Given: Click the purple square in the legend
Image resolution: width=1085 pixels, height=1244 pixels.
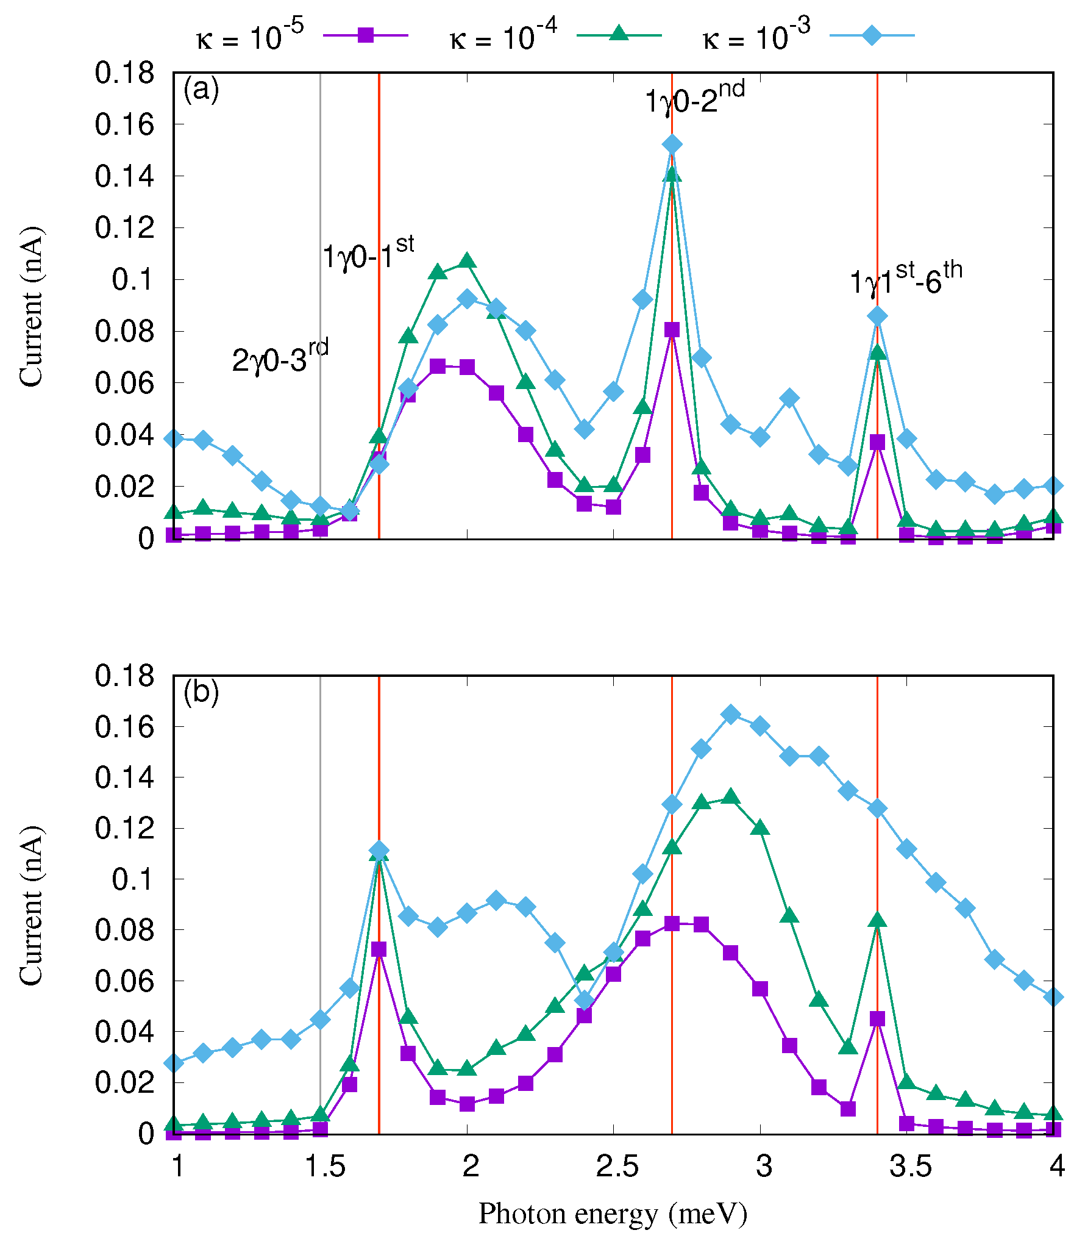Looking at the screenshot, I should tap(365, 35).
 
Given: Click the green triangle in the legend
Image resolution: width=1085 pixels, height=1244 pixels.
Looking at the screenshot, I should tap(619, 34).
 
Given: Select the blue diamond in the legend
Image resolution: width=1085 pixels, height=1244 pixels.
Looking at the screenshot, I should tap(872, 35).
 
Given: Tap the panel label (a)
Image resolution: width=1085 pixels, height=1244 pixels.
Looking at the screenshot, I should tap(201, 90).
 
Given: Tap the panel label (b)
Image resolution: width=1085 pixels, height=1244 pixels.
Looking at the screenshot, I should tap(201, 692).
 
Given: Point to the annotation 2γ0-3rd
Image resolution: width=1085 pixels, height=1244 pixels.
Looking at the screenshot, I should tap(280, 357).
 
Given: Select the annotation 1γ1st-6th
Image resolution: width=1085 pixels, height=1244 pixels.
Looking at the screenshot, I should tap(906, 279).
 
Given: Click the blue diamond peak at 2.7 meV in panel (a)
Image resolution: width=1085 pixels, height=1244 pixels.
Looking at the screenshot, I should tap(672, 145).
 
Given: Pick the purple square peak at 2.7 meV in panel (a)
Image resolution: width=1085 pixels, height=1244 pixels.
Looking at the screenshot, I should tap(672, 330).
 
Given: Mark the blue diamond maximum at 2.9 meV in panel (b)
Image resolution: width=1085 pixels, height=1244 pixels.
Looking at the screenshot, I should tap(730, 715).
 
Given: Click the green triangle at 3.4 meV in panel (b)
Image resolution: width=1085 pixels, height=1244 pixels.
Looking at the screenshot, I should tap(877, 920).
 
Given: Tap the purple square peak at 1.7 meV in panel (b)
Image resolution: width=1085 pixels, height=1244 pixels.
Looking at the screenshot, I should tap(379, 949).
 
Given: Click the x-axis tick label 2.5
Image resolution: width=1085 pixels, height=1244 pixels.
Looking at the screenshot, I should tap(617, 1166).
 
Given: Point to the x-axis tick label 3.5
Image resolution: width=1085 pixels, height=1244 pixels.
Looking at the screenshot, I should tap(911, 1166).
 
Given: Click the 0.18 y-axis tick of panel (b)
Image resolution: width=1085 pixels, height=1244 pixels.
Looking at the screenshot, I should tap(125, 676).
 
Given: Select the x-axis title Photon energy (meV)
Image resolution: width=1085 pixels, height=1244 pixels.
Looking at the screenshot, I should tap(613, 1214).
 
